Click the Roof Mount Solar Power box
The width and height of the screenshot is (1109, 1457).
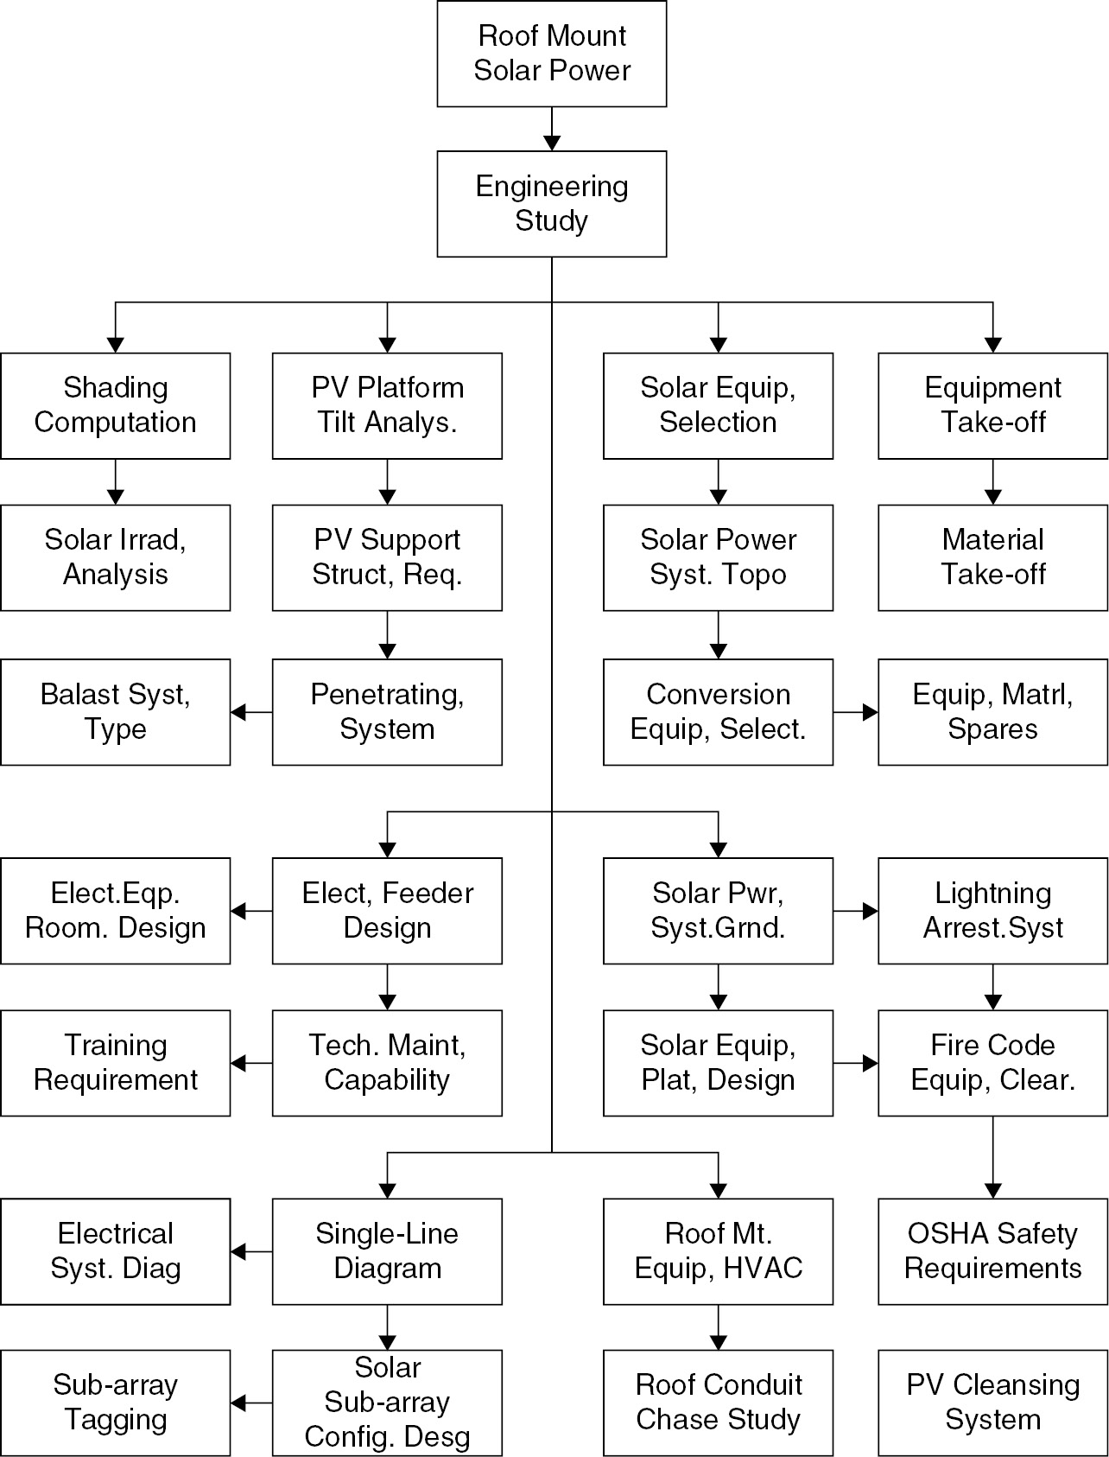pos(551,54)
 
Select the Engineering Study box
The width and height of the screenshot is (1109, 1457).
pos(551,204)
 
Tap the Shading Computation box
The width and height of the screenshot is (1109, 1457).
pos(115,405)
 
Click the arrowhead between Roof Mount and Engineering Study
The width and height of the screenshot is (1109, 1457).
pos(552,143)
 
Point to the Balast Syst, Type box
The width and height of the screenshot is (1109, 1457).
pos(115,712)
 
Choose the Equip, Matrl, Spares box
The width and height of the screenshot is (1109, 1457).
pos(992,712)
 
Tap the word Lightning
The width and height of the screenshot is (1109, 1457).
pos(992,894)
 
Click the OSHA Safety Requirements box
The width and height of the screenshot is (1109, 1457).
pos(992,1251)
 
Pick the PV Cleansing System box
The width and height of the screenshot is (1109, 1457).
pos(992,1403)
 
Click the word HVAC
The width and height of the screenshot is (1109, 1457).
pos(764,1269)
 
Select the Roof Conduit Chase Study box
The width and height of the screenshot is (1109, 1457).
pos(718,1403)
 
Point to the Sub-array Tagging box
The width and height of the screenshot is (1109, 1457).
pos(115,1403)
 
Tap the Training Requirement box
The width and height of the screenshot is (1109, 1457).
pos(115,1063)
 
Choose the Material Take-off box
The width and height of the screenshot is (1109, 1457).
pos(992,557)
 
